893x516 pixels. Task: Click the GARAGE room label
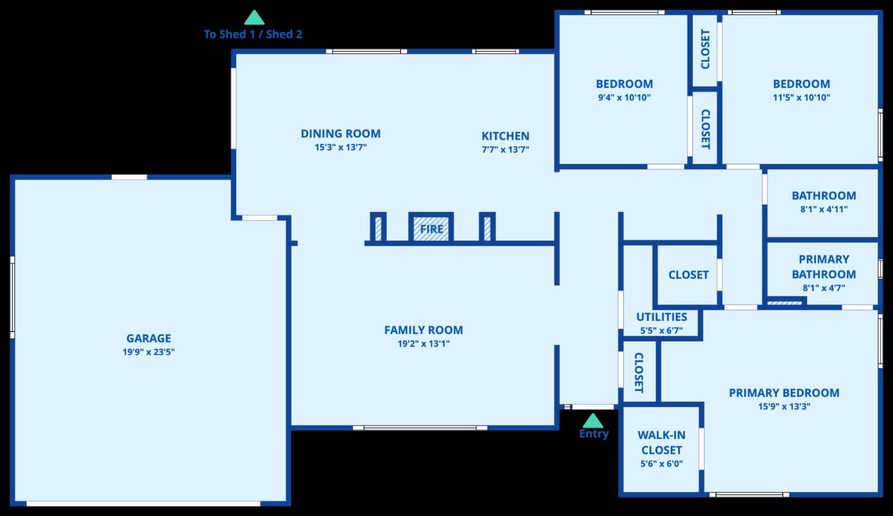coord(148,338)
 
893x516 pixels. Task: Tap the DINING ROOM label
coord(341,134)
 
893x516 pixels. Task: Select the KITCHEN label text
coord(505,136)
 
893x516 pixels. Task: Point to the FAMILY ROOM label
coord(423,330)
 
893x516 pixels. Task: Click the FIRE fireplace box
coord(431,229)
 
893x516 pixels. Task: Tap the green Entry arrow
coord(592,421)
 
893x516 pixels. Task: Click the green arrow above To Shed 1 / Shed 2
coord(254,17)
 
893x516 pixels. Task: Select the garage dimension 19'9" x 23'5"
coord(148,352)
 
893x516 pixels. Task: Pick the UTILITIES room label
coord(661,317)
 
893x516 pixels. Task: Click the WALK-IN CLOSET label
coord(661,443)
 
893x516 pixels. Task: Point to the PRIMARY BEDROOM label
coord(784,393)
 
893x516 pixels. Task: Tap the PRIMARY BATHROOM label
coord(823,267)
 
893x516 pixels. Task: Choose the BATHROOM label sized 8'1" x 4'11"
coord(823,195)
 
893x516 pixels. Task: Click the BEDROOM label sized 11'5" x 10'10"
coord(801,84)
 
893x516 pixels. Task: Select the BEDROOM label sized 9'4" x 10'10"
coord(624,84)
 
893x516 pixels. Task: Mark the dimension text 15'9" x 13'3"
coord(784,406)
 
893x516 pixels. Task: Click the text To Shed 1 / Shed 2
coord(253,35)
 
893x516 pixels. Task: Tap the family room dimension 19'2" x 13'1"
coord(423,343)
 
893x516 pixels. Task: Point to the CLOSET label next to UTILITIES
coord(688,275)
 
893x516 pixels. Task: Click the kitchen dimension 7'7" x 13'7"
coord(505,149)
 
